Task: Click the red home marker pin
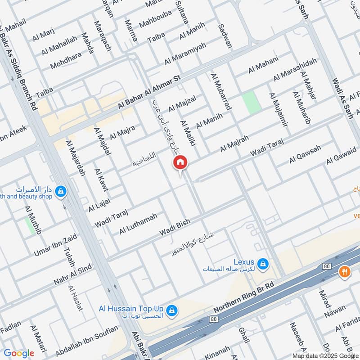pyautogui.click(x=180, y=163)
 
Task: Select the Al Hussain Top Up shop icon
pyautogui.click(x=171, y=310)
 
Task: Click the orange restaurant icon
pyautogui.click(x=345, y=272)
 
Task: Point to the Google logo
pyautogui.click(x=18, y=353)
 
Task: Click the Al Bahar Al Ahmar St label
pyautogui.click(x=149, y=92)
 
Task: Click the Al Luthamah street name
pyautogui.click(x=138, y=224)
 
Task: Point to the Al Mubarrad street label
pyautogui.click(x=220, y=92)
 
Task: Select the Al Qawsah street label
pyautogui.click(x=305, y=154)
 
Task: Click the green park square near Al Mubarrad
pyautogui.click(x=252, y=103)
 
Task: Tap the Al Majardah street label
pyautogui.click(x=75, y=158)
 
